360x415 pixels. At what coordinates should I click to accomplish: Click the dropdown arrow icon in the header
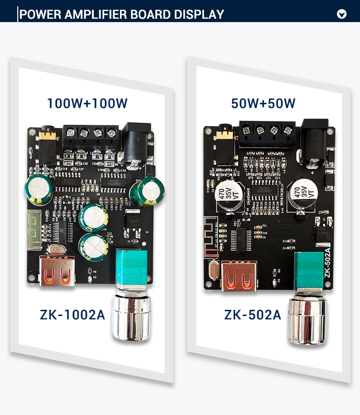(x=342, y=14)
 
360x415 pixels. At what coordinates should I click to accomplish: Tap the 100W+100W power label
(x=87, y=103)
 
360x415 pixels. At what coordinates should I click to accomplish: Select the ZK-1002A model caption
(x=72, y=315)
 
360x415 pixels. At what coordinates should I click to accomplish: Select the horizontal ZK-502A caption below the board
(x=252, y=315)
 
